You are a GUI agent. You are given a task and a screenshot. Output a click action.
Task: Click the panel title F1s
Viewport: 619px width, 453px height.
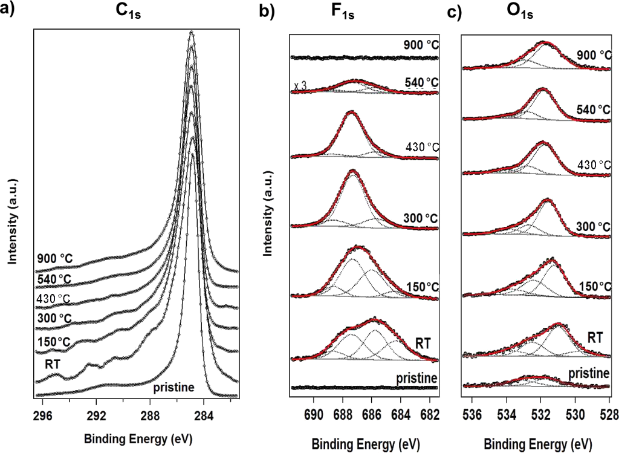click(x=342, y=13)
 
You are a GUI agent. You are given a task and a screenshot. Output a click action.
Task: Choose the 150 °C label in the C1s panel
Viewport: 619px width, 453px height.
click(x=53, y=342)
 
